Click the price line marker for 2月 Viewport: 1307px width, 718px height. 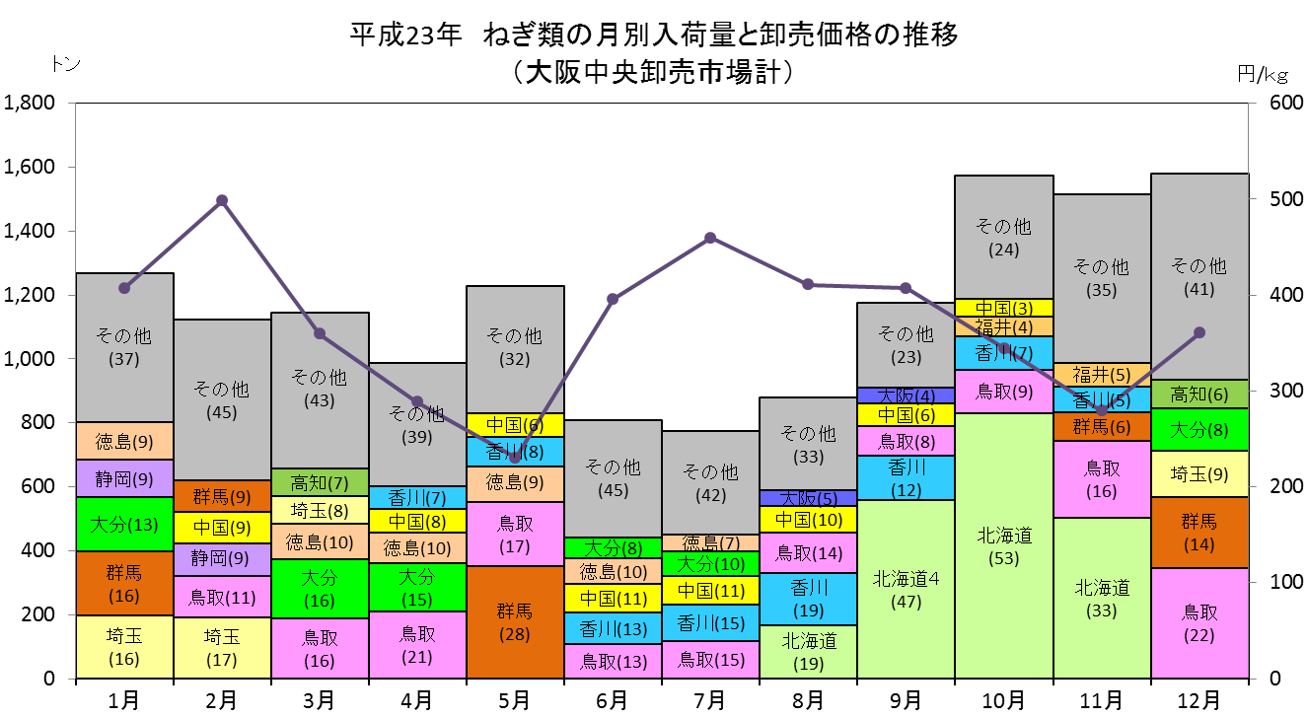click(222, 200)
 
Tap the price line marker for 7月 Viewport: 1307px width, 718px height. click(710, 238)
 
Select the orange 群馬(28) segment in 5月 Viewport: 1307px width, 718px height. click(515, 621)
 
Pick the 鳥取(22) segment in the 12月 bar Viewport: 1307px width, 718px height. click(1199, 622)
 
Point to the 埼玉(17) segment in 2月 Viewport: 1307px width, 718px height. click(222, 648)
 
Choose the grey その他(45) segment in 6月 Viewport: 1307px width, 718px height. click(613, 478)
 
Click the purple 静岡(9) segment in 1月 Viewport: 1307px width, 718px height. click(124, 478)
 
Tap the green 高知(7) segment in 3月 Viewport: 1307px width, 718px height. click(320, 482)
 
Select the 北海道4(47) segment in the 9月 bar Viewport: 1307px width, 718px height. click(906, 589)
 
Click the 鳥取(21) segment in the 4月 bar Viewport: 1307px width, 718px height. click(417, 645)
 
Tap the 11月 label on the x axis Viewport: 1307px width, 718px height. click(1101, 699)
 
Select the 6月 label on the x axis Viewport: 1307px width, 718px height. click(613, 699)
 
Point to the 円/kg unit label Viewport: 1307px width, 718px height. click(1263, 74)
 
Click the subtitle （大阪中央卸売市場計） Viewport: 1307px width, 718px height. click(653, 73)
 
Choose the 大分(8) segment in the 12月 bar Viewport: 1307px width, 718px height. click(1199, 429)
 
